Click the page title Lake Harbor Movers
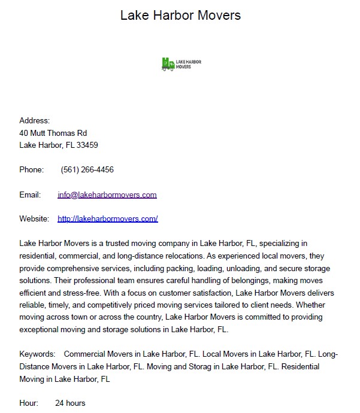(x=180, y=15)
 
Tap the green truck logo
(x=168, y=64)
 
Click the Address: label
(x=35, y=120)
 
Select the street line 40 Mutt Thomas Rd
(x=53, y=133)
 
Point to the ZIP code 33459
(x=87, y=145)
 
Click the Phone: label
(x=32, y=169)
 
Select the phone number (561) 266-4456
(x=87, y=169)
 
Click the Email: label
(x=30, y=195)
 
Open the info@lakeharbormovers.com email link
(x=107, y=195)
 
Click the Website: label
(x=34, y=219)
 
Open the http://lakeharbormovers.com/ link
(x=108, y=219)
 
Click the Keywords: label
(x=37, y=354)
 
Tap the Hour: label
(x=29, y=403)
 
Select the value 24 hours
(x=70, y=403)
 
